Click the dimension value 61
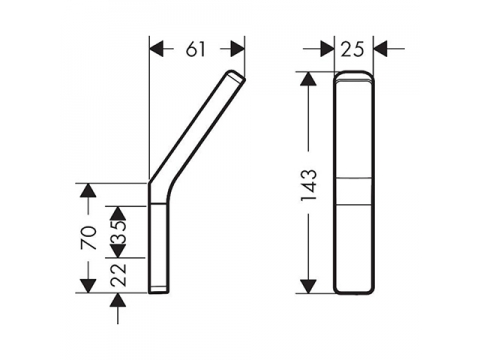coord(195,50)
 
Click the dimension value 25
coord(352,50)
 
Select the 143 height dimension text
coord(309,185)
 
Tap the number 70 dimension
coord(89,238)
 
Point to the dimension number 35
coord(119,232)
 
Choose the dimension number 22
coord(119,275)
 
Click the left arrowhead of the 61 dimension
coord(157,50)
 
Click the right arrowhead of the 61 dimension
coord(237,50)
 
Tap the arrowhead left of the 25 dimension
coord(327,49)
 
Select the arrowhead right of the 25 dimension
coord(380,49)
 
